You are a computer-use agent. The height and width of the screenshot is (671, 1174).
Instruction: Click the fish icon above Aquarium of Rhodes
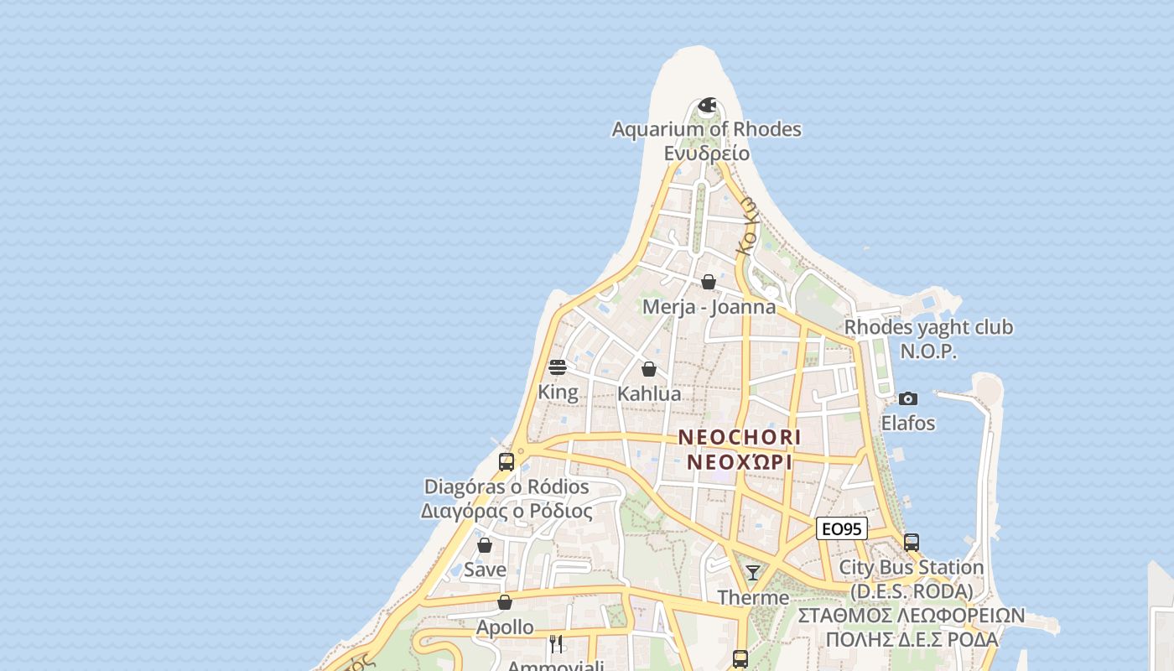click(x=708, y=106)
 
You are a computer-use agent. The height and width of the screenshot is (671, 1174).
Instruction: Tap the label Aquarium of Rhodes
click(x=706, y=129)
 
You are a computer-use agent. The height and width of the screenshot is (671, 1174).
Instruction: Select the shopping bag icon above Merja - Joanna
click(x=709, y=282)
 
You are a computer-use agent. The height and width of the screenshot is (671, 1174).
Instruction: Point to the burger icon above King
click(x=558, y=367)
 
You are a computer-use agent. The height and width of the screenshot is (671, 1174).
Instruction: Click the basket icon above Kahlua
click(x=648, y=369)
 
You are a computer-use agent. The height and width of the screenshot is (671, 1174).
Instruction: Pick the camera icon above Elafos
click(x=907, y=398)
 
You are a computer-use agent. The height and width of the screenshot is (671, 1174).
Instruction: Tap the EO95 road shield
click(x=841, y=528)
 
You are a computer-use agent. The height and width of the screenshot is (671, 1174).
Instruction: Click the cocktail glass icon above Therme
click(x=753, y=573)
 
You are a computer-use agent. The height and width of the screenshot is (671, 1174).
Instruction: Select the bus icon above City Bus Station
click(x=912, y=543)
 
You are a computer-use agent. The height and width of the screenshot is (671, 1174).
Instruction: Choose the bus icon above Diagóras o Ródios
click(x=506, y=462)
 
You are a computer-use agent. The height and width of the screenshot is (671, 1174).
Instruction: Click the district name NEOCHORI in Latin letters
click(x=740, y=437)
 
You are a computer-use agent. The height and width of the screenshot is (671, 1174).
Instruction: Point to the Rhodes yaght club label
click(x=928, y=327)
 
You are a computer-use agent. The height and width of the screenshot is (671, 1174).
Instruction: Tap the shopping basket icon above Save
click(x=485, y=545)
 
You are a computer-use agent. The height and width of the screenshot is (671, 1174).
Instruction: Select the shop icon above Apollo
click(x=505, y=602)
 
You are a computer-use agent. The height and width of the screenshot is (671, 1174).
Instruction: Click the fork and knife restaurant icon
click(x=556, y=643)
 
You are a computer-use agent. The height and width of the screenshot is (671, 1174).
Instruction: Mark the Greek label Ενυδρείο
click(x=706, y=153)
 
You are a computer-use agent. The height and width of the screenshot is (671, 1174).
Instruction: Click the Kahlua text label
click(x=649, y=393)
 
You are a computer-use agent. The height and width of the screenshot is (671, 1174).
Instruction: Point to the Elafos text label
click(x=907, y=423)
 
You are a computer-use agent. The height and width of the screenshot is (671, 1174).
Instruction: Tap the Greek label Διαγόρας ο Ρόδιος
click(x=506, y=511)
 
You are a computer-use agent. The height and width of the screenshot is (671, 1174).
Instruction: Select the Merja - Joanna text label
click(x=709, y=306)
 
